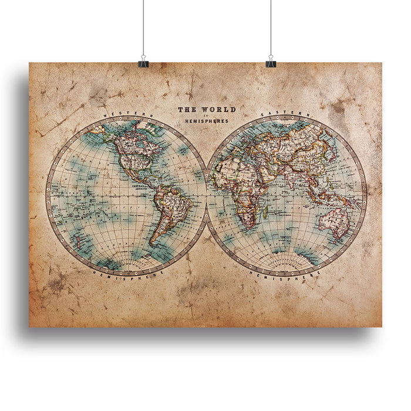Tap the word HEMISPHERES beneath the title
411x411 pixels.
coord(207,120)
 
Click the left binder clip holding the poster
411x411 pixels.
coord(143,63)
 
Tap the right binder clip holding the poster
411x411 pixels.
coord(271,63)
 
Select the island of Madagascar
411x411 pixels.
coord(265,215)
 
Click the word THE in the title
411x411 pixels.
coord(187,109)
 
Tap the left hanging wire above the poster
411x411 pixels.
coord(143,29)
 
